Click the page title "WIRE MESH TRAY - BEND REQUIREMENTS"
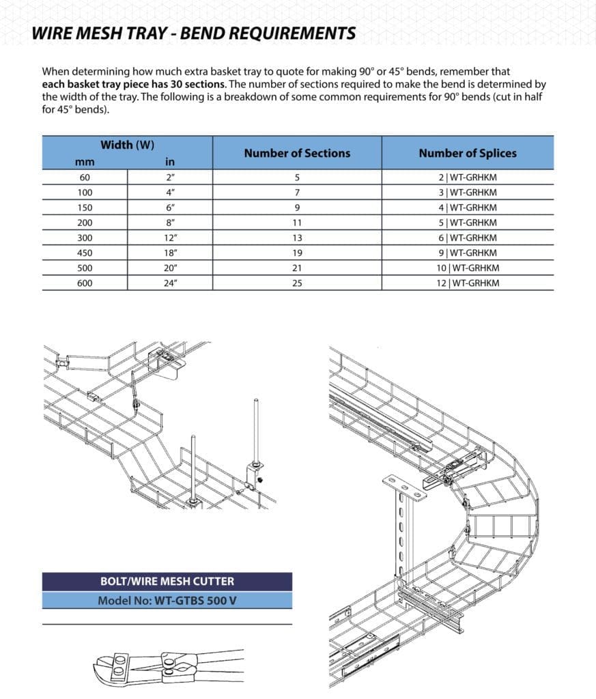195,33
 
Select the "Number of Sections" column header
297,153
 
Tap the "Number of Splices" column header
468,153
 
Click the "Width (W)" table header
126,145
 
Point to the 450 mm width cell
85,253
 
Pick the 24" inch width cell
170,283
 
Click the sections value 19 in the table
297,253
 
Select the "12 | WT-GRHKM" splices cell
468,283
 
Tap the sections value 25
297,283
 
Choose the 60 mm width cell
85,178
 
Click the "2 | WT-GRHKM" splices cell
468,178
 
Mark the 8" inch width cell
170,223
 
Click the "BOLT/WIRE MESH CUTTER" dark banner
167,582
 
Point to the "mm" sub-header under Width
85,162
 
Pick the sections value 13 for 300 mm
297,238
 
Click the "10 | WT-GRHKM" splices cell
468,268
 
